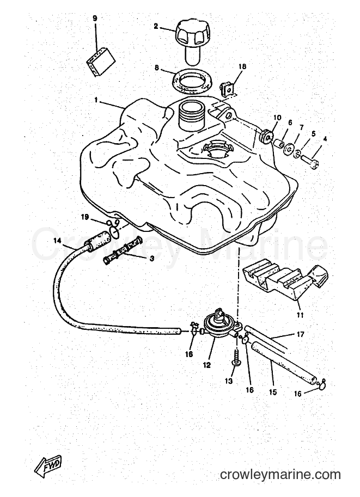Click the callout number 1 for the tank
click(x=96, y=100)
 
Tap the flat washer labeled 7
click(x=289, y=149)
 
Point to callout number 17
click(x=300, y=334)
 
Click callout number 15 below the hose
click(x=272, y=392)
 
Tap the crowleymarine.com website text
click(x=280, y=475)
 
